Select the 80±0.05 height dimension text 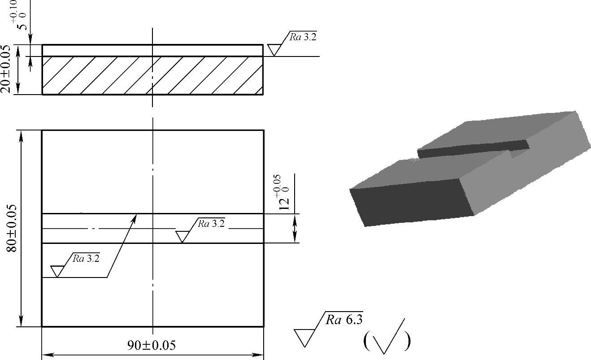click(12, 228)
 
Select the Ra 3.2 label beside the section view click(303, 37)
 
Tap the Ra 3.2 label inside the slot click(211, 223)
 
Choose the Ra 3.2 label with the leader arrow click(86, 258)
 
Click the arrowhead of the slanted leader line click(135, 217)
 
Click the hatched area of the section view click(152, 75)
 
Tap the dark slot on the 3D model click(473, 149)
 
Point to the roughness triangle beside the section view click(274, 49)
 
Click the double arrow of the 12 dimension click(295, 229)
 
